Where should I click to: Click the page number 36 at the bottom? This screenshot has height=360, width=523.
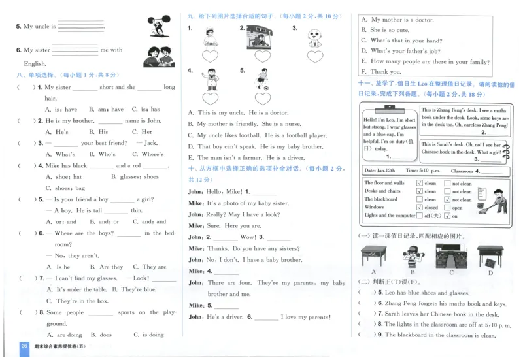click(x=24, y=346)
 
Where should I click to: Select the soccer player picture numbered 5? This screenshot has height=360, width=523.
click(x=262, y=78)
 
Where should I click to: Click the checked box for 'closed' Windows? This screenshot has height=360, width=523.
click(x=419, y=208)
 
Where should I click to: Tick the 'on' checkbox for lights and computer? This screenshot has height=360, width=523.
click(x=447, y=216)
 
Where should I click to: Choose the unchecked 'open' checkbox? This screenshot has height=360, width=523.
click(x=447, y=208)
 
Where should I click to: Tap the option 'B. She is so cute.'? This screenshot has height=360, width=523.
click(x=390, y=30)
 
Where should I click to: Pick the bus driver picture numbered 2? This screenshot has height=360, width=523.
click(x=262, y=39)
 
